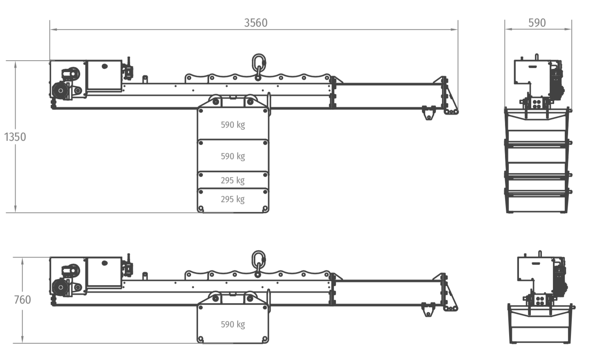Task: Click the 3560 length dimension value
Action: (x=255, y=23)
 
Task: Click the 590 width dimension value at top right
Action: (x=537, y=23)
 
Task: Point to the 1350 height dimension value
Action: (x=15, y=137)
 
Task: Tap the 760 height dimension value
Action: (x=23, y=299)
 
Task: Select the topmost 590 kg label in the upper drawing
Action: (x=233, y=125)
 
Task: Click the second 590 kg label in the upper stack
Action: (x=233, y=156)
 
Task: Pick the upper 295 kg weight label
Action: (x=233, y=180)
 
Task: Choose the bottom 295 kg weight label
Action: (x=233, y=200)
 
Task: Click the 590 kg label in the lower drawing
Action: (x=233, y=324)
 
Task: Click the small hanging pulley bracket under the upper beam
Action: (x=429, y=113)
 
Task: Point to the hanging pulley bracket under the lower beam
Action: (x=428, y=310)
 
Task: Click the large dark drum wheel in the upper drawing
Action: (x=60, y=91)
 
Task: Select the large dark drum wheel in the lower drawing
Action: (x=60, y=287)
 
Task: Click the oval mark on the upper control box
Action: (x=105, y=66)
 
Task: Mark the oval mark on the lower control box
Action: (x=105, y=263)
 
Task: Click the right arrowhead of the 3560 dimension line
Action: (x=454, y=29)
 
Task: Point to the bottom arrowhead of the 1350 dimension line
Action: (x=15, y=209)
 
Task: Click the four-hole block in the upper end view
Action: (x=537, y=104)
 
